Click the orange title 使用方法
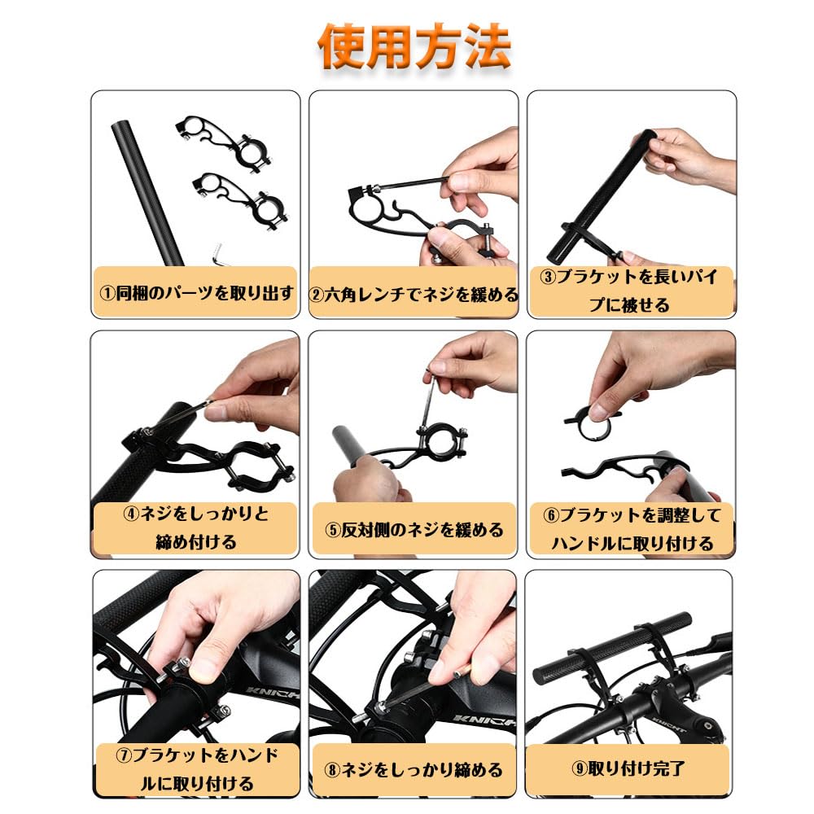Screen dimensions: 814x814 click(x=414, y=47)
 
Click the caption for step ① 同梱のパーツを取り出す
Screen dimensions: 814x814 click(x=195, y=293)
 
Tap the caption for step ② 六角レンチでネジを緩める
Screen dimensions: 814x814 click(x=414, y=294)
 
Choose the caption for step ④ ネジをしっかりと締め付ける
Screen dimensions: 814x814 click(x=195, y=527)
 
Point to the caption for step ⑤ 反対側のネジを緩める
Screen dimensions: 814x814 click(x=414, y=530)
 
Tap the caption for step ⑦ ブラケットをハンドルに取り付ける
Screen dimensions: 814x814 click(x=195, y=769)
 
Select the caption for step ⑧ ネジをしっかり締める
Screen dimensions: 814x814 click(x=414, y=769)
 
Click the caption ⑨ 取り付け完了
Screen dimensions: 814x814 click(x=631, y=767)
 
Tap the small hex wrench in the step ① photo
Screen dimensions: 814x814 click(x=218, y=254)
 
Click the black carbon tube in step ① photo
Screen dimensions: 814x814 click(x=147, y=187)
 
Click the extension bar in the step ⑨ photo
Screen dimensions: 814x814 click(x=610, y=643)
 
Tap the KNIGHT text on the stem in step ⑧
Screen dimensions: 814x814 click(x=487, y=720)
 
